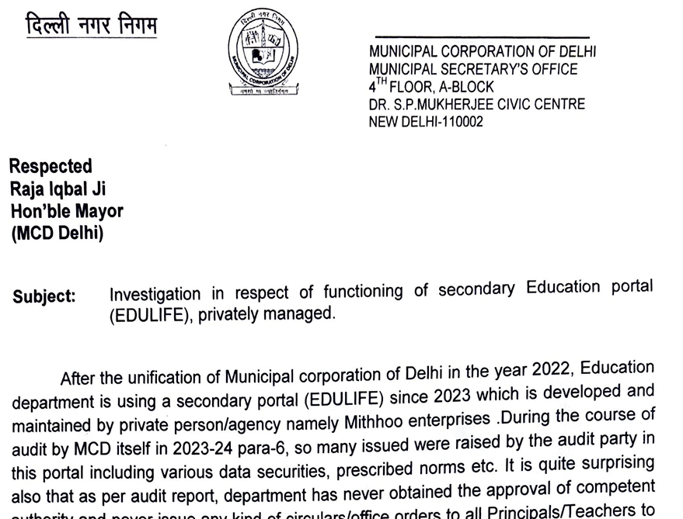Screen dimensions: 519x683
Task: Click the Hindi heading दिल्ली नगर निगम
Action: (x=91, y=26)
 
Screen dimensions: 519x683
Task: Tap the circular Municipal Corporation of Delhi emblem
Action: (x=263, y=54)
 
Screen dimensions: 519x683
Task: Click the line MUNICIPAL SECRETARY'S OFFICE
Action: (x=473, y=69)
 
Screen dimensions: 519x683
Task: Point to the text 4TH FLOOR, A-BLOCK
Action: (x=431, y=87)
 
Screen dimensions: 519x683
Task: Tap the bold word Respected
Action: (x=51, y=166)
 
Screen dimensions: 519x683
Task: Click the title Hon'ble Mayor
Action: (x=67, y=210)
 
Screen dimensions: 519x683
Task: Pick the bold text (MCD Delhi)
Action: (x=57, y=233)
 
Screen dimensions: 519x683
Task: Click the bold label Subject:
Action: (x=44, y=297)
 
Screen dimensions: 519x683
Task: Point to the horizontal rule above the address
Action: (x=482, y=37)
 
